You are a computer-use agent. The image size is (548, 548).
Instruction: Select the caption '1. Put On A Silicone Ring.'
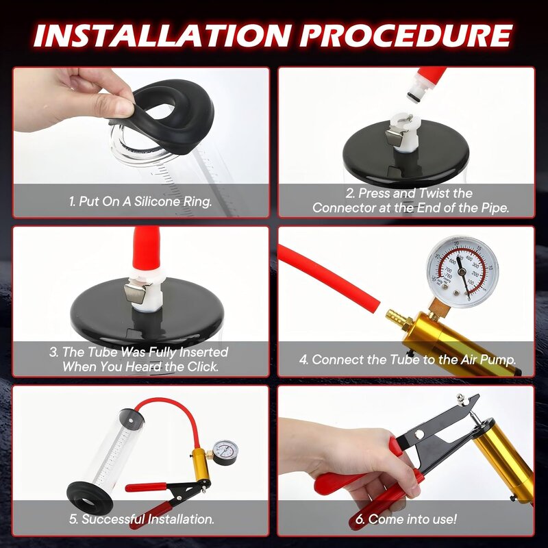[140, 202]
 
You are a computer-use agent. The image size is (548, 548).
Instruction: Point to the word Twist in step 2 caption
[434, 194]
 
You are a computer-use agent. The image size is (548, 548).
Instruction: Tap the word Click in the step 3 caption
[197, 366]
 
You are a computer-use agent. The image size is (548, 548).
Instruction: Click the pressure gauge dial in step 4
[462, 271]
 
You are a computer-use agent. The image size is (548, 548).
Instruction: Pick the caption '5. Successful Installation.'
[141, 519]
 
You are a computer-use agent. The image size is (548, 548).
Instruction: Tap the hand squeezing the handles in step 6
[363, 466]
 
